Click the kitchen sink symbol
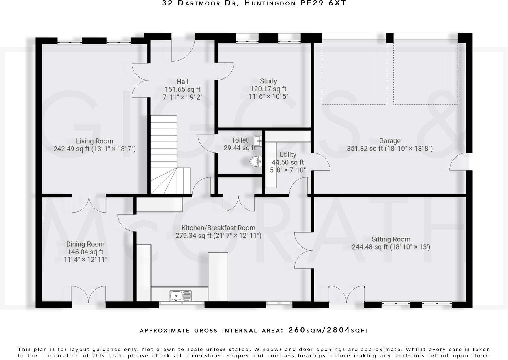pos(180,296)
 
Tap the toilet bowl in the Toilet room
pos(256,161)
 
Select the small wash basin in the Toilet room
pos(258,141)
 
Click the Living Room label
pos(94,141)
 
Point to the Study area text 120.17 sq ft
pos(268,89)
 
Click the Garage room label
pos(390,141)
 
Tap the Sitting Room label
pos(391,239)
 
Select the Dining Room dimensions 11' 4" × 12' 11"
pos(85,260)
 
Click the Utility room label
pos(287,155)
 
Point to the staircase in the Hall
pos(164,150)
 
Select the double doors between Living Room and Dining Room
pos(89,204)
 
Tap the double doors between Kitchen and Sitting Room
pos(303,250)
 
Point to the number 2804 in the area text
pos(338,330)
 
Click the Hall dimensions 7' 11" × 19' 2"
pos(182,97)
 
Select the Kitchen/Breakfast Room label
pos(218,228)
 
